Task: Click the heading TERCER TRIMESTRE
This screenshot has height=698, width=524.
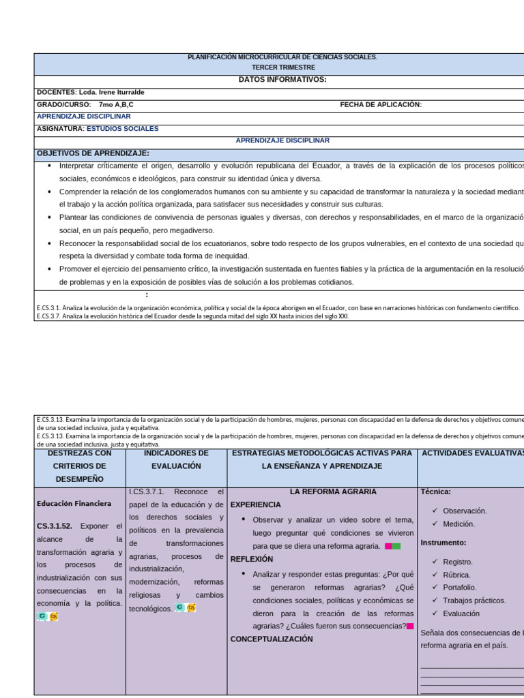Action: click(x=282, y=67)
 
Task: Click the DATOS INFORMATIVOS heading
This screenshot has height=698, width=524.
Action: click(x=282, y=80)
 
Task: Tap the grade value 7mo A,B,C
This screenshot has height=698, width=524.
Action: click(x=116, y=104)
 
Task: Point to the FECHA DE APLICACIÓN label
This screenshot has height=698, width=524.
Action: click(x=381, y=104)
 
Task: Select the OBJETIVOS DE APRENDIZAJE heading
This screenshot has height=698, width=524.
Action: click(x=93, y=153)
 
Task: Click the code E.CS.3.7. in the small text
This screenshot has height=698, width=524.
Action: click(x=48, y=316)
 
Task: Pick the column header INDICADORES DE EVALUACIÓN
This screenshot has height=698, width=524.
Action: click(x=177, y=459)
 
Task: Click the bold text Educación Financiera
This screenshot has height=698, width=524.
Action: click(x=74, y=504)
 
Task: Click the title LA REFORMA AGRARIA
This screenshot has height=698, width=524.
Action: click(x=323, y=491)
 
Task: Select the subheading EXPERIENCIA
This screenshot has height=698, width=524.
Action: click(x=255, y=505)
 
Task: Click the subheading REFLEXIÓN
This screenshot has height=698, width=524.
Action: click(x=252, y=559)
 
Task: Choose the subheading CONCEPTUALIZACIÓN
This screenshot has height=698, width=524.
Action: click(x=272, y=639)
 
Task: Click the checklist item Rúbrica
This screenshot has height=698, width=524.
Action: click(x=456, y=575)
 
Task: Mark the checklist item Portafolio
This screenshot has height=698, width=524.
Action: click(x=460, y=588)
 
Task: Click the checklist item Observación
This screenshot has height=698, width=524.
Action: click(x=465, y=511)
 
